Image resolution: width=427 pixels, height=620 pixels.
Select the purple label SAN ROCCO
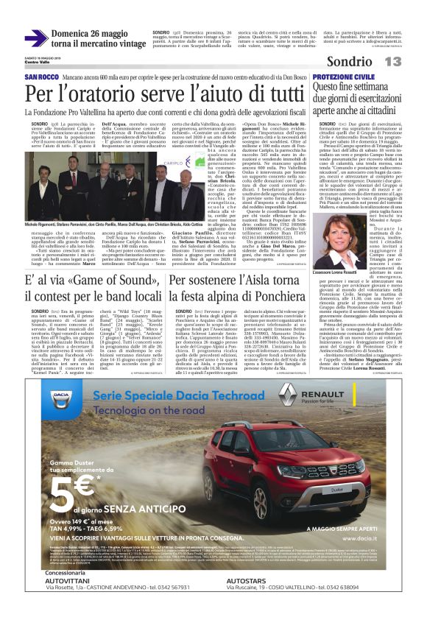[42, 77]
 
